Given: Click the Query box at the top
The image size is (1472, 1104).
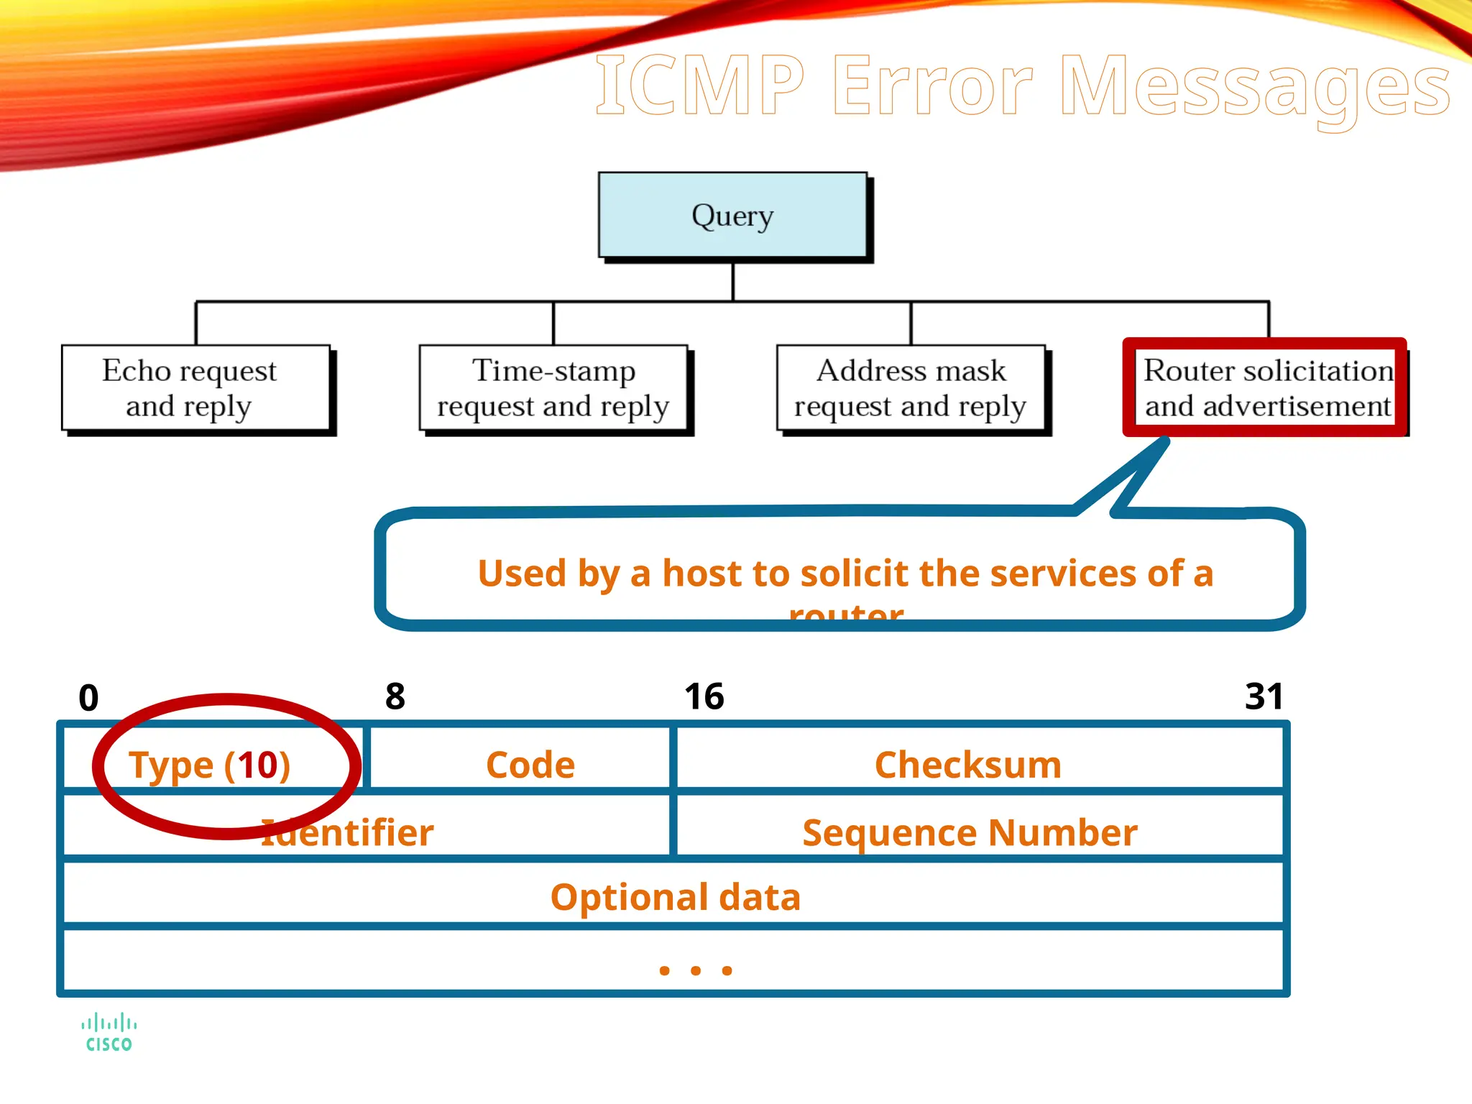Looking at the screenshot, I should click(x=732, y=215).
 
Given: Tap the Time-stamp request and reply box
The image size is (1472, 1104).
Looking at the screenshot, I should click(x=553, y=388).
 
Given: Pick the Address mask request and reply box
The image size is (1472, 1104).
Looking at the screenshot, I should click(x=911, y=388).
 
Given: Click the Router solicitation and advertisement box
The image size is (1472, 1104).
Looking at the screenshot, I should click(x=1266, y=388).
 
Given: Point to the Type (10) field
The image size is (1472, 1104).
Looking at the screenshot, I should click(x=210, y=765).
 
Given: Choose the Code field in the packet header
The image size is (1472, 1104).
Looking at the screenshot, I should click(x=530, y=765).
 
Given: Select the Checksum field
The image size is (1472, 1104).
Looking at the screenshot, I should click(x=968, y=765).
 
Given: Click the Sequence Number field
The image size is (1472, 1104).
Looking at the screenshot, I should click(x=970, y=833).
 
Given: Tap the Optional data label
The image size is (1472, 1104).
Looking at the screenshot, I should click(x=675, y=897).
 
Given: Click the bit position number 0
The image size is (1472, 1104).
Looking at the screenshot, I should click(x=88, y=698).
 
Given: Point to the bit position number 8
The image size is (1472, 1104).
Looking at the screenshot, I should click(x=395, y=696).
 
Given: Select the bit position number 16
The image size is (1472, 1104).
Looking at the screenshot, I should click(x=704, y=696).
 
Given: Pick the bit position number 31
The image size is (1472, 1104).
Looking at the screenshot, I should click(x=1264, y=696).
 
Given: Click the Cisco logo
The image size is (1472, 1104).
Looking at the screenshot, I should click(x=109, y=1033).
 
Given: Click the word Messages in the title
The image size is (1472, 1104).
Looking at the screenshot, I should click(x=1255, y=88).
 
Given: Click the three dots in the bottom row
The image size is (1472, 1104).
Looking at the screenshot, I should click(x=695, y=971).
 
